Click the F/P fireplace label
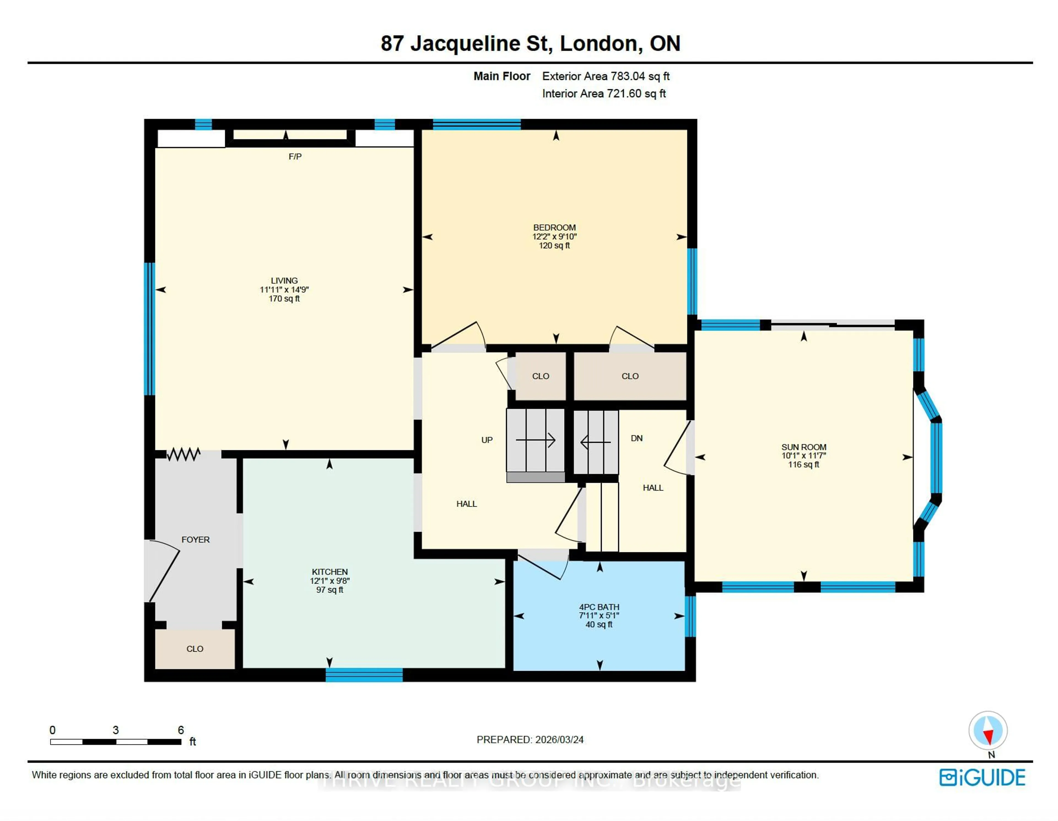point(295,157)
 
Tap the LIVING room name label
point(284,281)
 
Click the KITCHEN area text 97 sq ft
point(330,590)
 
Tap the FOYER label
point(195,540)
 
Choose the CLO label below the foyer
point(195,648)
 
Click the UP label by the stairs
point(487,440)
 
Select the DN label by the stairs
point(636,438)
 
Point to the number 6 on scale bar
point(181,730)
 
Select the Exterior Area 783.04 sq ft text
point(606,76)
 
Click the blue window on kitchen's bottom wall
point(364,675)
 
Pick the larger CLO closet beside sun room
point(630,376)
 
